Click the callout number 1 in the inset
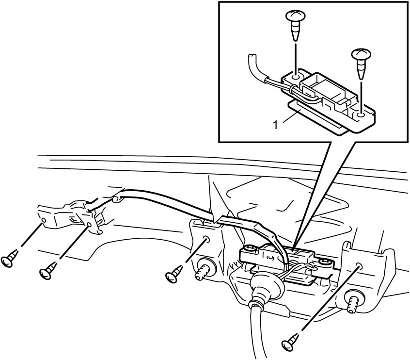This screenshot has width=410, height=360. pos(275,125)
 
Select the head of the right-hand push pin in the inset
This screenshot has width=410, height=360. pos(361,54)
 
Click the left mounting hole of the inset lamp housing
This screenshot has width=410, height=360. pos(296,77)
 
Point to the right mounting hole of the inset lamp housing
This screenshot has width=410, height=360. pos(361,115)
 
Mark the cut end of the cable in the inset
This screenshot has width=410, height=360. pos(252,55)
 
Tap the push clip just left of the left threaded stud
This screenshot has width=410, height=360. pos(174,274)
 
